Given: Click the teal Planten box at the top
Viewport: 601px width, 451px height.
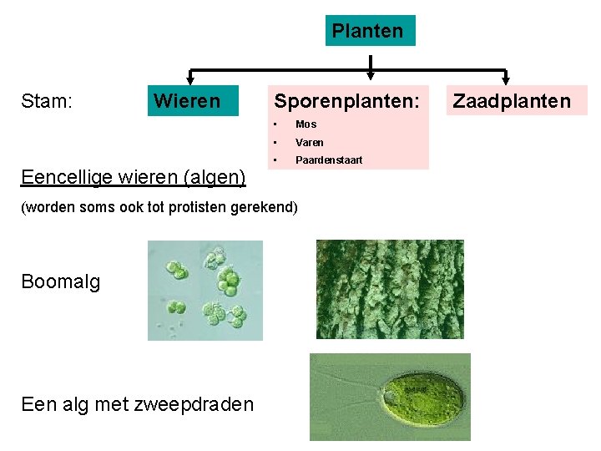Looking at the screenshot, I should [x=370, y=32].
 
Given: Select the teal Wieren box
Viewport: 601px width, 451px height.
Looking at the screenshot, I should [x=192, y=101].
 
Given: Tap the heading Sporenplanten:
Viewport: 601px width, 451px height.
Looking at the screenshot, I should [x=346, y=101].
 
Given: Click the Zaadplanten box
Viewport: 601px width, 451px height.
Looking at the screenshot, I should [x=512, y=101].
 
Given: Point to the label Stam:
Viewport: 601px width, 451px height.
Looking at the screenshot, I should [x=47, y=101].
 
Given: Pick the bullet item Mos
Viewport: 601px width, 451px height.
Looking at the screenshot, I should [x=306, y=124].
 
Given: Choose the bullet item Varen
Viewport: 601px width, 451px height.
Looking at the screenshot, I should [x=309, y=142].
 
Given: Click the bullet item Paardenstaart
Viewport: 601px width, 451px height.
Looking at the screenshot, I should [x=329, y=160].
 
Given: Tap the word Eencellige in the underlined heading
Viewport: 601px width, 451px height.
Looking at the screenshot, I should [x=68, y=177].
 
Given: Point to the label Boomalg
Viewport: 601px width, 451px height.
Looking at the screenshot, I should [x=61, y=281].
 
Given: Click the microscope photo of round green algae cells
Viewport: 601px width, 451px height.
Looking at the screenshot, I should [x=205, y=290].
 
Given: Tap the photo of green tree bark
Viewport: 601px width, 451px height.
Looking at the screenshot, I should [x=390, y=290].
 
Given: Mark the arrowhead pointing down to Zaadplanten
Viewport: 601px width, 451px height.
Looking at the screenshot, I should [x=506, y=79].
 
